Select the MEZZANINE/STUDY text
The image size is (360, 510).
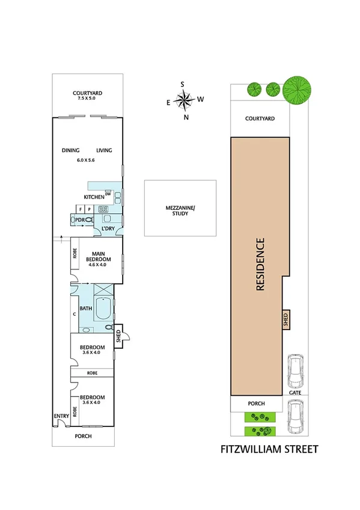(x=180, y=210)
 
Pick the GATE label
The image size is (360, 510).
(x=295, y=392)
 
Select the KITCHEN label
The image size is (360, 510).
(x=94, y=197)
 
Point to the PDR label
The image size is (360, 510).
(x=79, y=220)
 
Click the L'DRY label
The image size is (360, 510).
(x=108, y=229)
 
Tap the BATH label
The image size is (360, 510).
(x=86, y=309)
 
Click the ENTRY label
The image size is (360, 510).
(x=62, y=416)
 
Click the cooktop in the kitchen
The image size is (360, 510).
(x=103, y=209)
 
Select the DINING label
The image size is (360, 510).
(x=71, y=151)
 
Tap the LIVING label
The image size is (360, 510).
(x=105, y=151)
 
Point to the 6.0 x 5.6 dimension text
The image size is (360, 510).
(x=86, y=160)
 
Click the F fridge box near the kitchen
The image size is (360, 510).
(x=79, y=209)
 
